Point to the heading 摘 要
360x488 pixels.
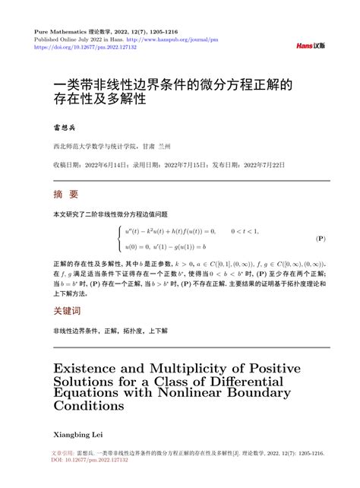point(66,194)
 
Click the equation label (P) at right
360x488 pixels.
point(321,238)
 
